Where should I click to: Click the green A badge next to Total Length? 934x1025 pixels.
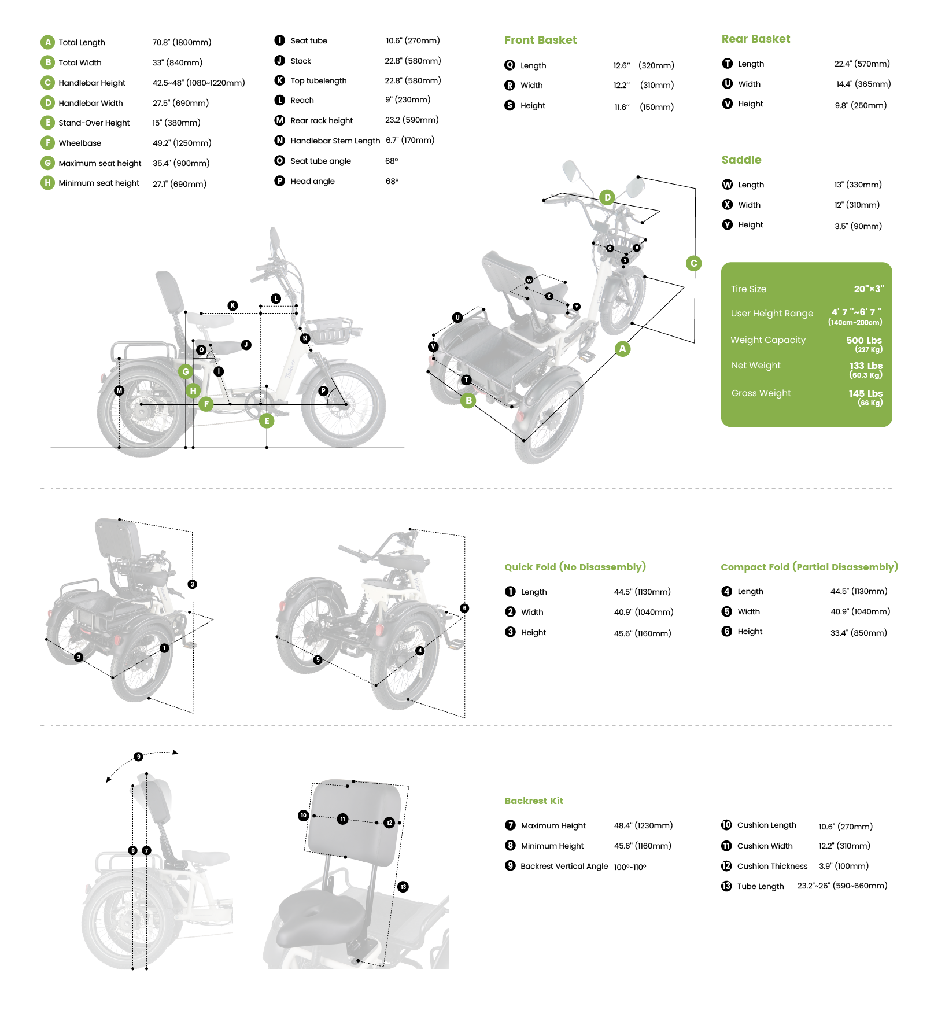pyautogui.click(x=47, y=42)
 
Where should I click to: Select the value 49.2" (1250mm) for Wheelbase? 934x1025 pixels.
pyautogui.click(x=182, y=143)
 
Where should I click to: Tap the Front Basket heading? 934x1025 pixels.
pyautogui.click(x=540, y=40)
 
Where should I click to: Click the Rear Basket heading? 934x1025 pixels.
pyautogui.click(x=755, y=39)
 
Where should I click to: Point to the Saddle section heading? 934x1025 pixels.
pyautogui.click(x=741, y=160)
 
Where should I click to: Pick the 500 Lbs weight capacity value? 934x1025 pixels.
pyautogui.click(x=864, y=340)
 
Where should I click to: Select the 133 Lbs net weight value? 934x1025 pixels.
pyautogui.click(x=865, y=366)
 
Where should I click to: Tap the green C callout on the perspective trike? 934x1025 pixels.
pyautogui.click(x=693, y=263)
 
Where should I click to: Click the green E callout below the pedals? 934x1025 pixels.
pyautogui.click(x=267, y=421)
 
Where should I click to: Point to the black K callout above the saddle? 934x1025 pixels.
pyautogui.click(x=232, y=305)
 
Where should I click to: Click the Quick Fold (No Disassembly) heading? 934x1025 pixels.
pyautogui.click(x=575, y=567)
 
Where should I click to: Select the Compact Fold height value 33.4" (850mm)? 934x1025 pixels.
pyautogui.click(x=858, y=633)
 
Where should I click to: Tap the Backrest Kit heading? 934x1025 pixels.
pyautogui.click(x=533, y=801)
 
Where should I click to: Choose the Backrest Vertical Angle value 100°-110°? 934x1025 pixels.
pyautogui.click(x=630, y=867)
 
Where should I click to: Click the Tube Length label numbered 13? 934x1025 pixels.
pyautogui.click(x=760, y=886)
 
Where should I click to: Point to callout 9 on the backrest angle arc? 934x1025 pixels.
pyautogui.click(x=138, y=757)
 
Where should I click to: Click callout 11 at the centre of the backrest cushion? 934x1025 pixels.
pyautogui.click(x=342, y=819)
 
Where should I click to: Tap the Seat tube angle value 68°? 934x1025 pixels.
pyautogui.click(x=392, y=161)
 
